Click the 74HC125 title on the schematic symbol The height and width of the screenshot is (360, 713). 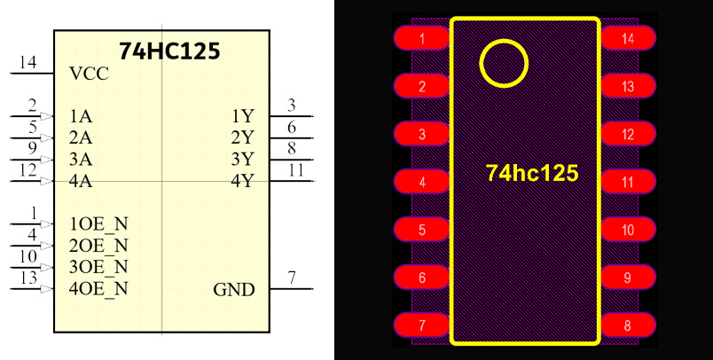click(169, 51)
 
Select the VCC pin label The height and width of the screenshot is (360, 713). click(88, 74)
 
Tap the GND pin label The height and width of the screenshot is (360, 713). click(234, 290)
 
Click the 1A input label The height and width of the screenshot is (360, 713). click(80, 116)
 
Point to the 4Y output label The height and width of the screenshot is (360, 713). click(242, 182)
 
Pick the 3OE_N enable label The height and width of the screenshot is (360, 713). click(98, 267)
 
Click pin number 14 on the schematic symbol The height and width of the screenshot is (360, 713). click(27, 62)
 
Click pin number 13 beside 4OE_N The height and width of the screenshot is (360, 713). click(28, 278)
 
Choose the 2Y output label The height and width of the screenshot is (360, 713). click(242, 137)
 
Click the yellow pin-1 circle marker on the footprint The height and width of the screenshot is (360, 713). click(504, 63)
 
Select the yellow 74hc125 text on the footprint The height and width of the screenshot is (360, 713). click(531, 173)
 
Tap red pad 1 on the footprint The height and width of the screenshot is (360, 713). click(421, 39)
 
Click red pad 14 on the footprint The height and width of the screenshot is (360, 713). click(628, 39)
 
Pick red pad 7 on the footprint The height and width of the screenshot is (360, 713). click(421, 325)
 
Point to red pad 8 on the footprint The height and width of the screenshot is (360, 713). click(628, 325)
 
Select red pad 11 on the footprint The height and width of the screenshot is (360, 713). click(628, 183)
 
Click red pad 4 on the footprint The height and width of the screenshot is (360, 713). click(421, 183)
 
